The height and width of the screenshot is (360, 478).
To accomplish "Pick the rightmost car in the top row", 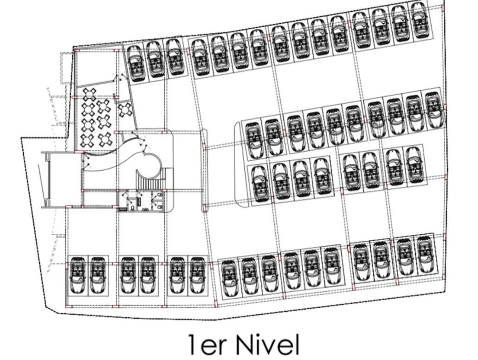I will pyautogui.click(x=419, y=19).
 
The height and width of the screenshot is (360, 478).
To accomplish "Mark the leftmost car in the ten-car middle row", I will pyautogui.click(x=253, y=139).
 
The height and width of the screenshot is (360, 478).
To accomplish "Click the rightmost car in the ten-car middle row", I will pyautogui.click(x=433, y=110).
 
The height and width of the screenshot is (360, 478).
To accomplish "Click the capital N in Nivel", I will pyautogui.click(x=246, y=345).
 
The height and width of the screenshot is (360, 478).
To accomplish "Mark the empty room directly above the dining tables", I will pyautogui.click(x=93, y=67).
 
